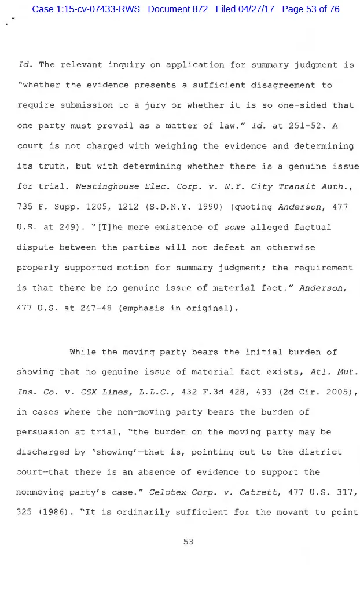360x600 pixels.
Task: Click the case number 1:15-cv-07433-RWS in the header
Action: (86, 9)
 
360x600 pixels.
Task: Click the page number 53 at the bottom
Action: (188, 542)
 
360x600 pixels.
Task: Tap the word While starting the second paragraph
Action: (83, 352)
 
